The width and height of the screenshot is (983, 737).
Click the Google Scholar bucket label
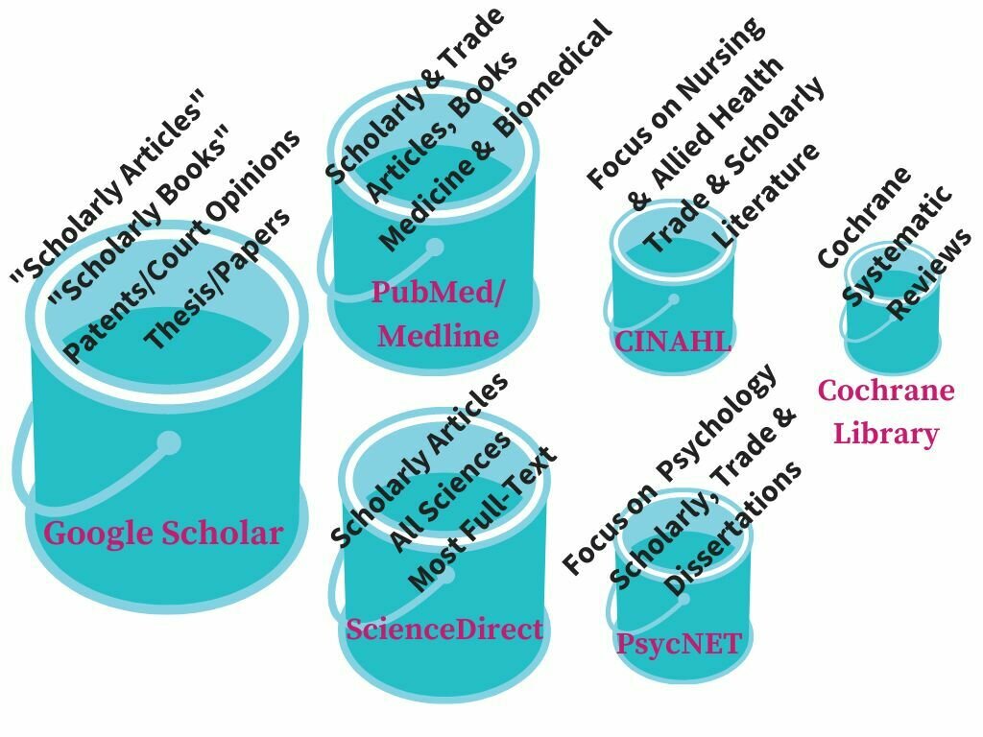coord(163,533)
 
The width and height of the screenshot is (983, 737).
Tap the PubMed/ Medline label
coord(438,313)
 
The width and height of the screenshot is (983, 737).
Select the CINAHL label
coord(673,342)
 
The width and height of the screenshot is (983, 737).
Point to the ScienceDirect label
coord(444,630)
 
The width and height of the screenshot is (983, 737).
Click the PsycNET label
coord(680,643)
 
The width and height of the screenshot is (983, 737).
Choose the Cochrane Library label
coord(886,412)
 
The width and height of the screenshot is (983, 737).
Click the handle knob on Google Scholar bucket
coord(169,442)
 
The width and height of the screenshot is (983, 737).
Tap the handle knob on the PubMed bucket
coord(435,248)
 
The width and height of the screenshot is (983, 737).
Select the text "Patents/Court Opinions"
coord(182,246)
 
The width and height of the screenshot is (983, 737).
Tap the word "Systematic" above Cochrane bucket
coord(898,246)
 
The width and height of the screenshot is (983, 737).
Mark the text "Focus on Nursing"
coord(676,102)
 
